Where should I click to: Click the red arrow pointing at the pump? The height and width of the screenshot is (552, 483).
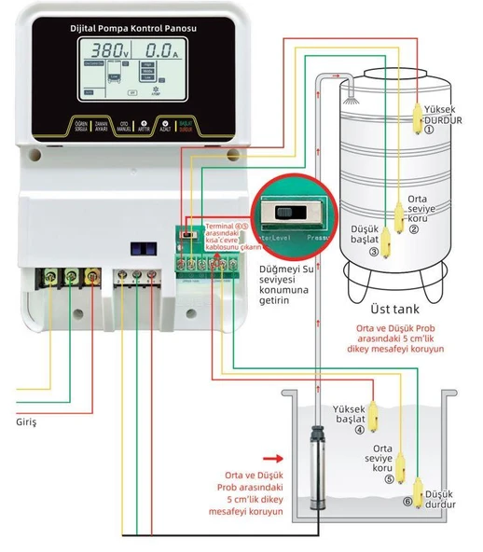(x=273, y=458)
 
